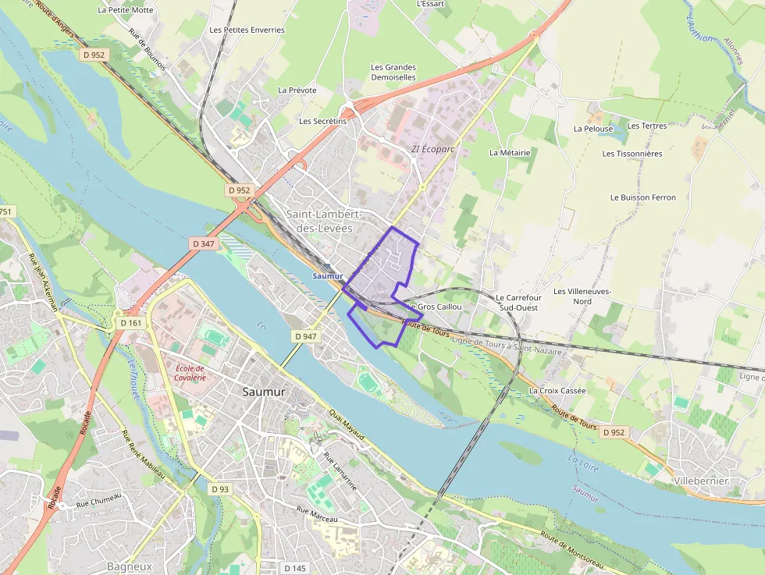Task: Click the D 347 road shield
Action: (203, 243)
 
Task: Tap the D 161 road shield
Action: (131, 322)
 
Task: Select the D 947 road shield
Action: (306, 335)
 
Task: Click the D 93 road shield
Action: (220, 488)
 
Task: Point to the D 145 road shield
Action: (295, 568)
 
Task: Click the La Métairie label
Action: (510, 153)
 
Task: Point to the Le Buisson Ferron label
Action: (643, 197)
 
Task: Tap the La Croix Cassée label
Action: (557, 390)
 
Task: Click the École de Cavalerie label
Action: (190, 373)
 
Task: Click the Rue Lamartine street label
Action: (340, 472)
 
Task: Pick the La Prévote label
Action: (297, 91)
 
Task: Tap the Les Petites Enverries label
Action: (247, 30)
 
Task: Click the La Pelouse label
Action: (593, 129)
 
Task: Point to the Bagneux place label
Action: (130, 566)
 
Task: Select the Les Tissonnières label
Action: (632, 154)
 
